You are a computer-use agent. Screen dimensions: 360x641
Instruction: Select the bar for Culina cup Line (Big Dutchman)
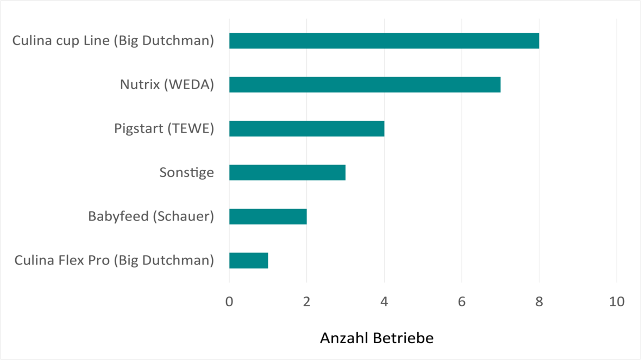pyautogui.click(x=384, y=41)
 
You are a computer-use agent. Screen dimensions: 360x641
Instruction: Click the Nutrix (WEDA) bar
pyautogui.click(x=365, y=85)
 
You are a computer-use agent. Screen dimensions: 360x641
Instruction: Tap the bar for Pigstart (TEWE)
pyautogui.click(x=306, y=129)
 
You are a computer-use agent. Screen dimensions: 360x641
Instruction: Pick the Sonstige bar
pyautogui.click(x=287, y=173)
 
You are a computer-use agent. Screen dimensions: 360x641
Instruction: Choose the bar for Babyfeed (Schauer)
pyautogui.click(x=268, y=217)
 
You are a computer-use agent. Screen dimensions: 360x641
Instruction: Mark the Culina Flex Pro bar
pyautogui.click(x=249, y=261)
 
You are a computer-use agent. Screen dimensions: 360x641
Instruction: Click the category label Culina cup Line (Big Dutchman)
pyautogui.click(x=113, y=41)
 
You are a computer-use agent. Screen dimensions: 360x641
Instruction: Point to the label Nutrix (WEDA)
pyautogui.click(x=167, y=85)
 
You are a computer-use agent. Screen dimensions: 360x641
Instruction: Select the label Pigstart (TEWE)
pyautogui.click(x=164, y=129)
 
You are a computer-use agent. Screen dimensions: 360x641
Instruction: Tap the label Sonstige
pyautogui.click(x=186, y=173)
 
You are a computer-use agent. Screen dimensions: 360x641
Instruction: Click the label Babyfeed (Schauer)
pyautogui.click(x=151, y=217)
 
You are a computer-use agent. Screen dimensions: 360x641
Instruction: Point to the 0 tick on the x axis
pyautogui.click(x=229, y=301)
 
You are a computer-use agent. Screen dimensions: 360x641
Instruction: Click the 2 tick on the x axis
pyautogui.click(x=307, y=301)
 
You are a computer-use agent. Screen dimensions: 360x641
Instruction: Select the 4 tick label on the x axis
pyautogui.click(x=384, y=301)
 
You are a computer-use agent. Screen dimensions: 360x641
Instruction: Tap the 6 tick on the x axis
pyautogui.click(x=462, y=301)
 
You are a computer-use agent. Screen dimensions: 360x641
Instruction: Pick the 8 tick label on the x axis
pyautogui.click(x=539, y=301)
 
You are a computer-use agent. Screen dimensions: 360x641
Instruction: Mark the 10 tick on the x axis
pyautogui.click(x=617, y=301)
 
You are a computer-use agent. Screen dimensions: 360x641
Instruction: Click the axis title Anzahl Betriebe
pyautogui.click(x=377, y=338)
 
